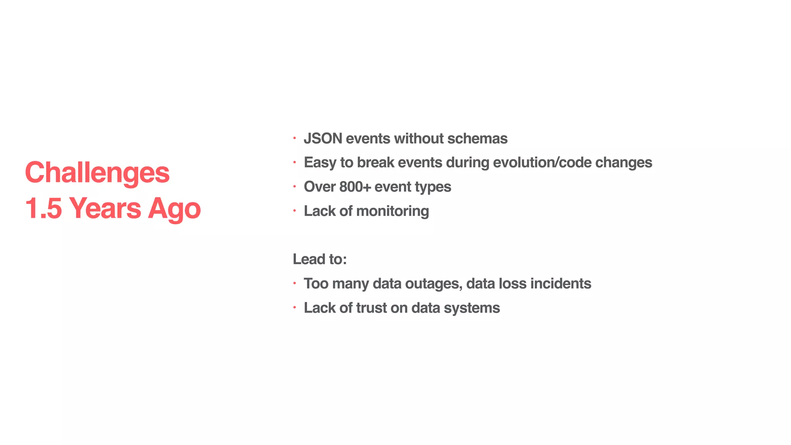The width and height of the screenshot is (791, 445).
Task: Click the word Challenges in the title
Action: pos(97,173)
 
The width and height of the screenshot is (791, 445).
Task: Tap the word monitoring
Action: pos(392,211)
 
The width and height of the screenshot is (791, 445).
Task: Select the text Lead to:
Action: pos(320,259)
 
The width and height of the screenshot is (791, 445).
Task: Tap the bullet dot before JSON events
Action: pos(294,138)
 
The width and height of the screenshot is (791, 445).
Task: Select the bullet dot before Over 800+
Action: pos(294,187)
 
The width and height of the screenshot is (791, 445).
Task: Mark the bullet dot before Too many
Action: pos(294,283)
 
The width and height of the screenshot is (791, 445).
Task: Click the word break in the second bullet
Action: pos(375,163)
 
